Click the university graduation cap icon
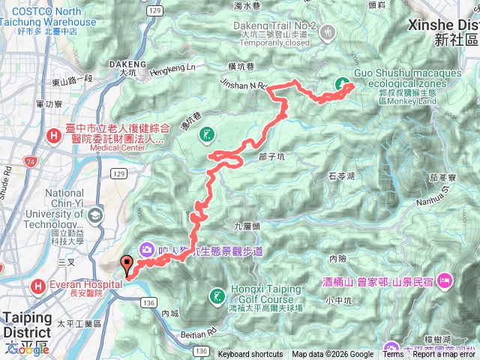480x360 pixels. [95, 217]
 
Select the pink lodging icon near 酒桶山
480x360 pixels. [445, 280]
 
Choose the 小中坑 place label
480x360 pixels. [338, 301]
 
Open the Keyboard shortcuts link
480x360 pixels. [250, 355]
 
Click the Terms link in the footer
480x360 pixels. [393, 355]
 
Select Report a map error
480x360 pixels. [445, 355]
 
